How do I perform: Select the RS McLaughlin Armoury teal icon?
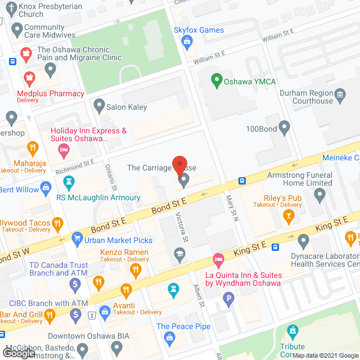[x=69, y=182]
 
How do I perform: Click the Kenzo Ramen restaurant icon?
[x=135, y=271]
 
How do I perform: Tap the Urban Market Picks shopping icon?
[x=76, y=240]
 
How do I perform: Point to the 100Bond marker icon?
[x=285, y=128]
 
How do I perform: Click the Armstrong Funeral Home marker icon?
[x=320, y=195]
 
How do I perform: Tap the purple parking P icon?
[x=228, y=299]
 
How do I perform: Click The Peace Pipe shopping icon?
[x=169, y=337]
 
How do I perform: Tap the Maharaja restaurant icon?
[x=33, y=148]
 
